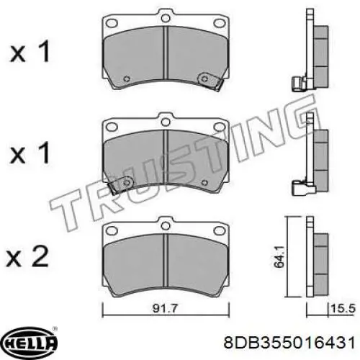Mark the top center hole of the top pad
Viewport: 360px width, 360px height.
[166, 14]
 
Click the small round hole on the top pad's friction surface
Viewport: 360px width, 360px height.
[127, 79]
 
